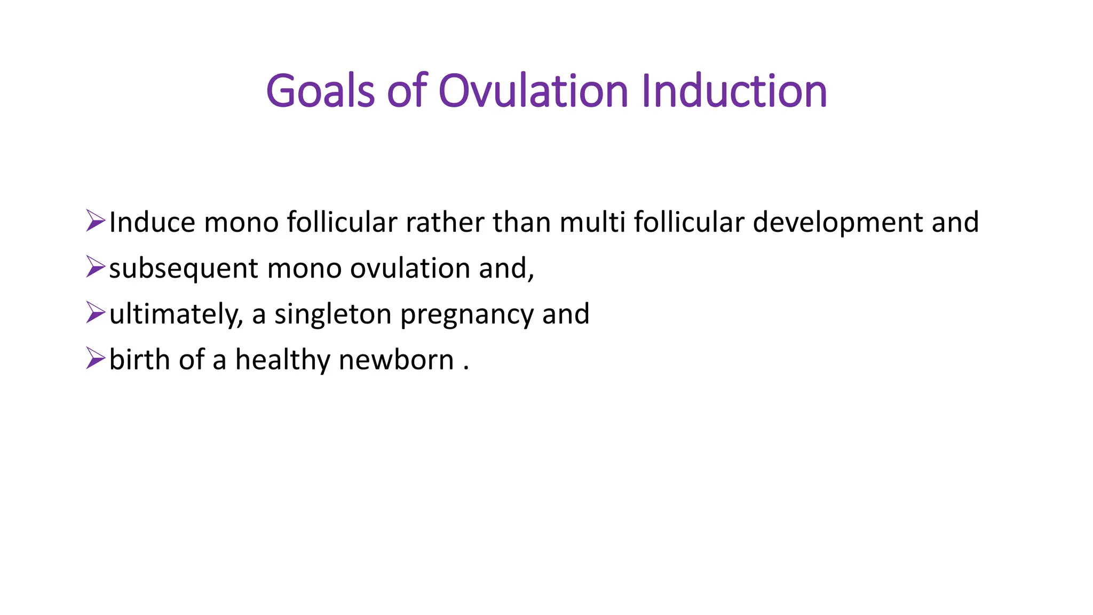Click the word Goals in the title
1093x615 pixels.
(x=320, y=91)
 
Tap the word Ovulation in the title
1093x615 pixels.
(x=533, y=91)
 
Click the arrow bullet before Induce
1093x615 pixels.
(x=96, y=221)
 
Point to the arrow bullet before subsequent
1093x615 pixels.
(x=96, y=267)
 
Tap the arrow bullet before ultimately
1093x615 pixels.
(x=96, y=313)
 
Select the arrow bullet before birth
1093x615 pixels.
(x=96, y=359)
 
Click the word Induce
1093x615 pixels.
(x=152, y=222)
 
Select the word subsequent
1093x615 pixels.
(x=184, y=269)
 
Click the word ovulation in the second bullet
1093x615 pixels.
(x=410, y=268)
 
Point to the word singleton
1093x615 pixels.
(x=333, y=315)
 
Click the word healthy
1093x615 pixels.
(x=283, y=361)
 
